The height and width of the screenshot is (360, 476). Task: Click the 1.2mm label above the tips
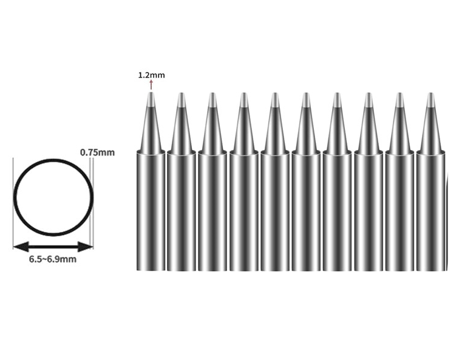pyautogui.click(x=152, y=75)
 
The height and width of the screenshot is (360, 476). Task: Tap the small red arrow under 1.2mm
pyautogui.click(x=151, y=85)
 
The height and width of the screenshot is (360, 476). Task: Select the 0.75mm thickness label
pyautogui.click(x=97, y=152)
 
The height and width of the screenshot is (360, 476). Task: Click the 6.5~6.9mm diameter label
pyautogui.click(x=53, y=259)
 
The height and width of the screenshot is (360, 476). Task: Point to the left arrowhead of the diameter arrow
pyautogui.click(x=21, y=246)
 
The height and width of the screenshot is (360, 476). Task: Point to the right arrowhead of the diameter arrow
pyautogui.click(x=85, y=246)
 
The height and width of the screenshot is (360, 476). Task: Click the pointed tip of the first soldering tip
pyautogui.click(x=151, y=93)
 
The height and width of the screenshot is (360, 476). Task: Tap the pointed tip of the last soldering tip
pyautogui.click(x=431, y=93)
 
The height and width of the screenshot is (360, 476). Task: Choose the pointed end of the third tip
pyautogui.click(x=212, y=93)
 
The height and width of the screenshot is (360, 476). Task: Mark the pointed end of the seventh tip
pyautogui.click(x=337, y=93)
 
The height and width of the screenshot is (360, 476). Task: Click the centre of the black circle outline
pyautogui.click(x=53, y=197)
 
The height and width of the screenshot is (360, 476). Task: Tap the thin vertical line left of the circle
pyautogui.click(x=13, y=203)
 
